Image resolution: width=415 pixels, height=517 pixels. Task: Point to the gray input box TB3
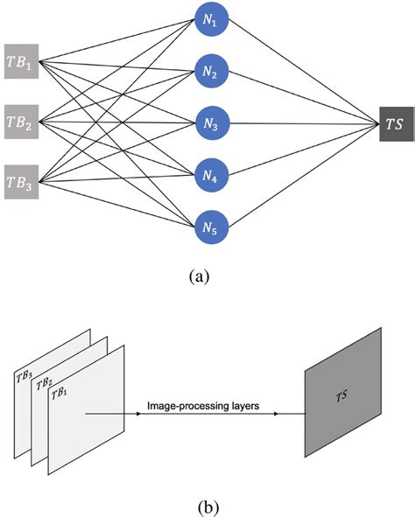(22, 182)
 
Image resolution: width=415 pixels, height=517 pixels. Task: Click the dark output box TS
(395, 123)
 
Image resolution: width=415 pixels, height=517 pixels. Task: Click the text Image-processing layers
(202, 405)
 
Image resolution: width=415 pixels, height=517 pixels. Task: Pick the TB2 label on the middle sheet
(43, 384)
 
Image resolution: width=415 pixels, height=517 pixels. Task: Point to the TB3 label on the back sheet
(24, 376)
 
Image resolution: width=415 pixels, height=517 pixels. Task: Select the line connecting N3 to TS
(298, 123)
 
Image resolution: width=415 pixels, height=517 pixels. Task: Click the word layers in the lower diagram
(243, 405)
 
